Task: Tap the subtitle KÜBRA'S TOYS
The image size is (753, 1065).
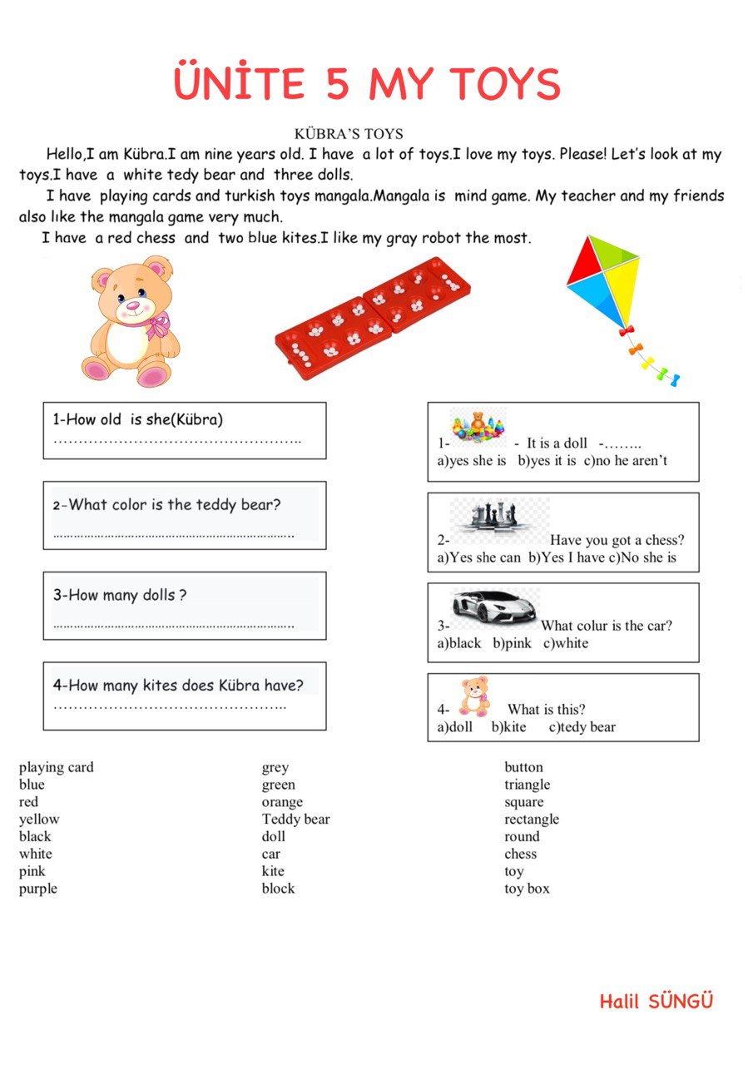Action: click(x=349, y=133)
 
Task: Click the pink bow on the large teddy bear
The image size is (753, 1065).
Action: click(x=156, y=324)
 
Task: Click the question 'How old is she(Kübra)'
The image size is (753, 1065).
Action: click(x=138, y=419)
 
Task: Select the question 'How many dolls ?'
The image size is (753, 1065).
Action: click(x=119, y=595)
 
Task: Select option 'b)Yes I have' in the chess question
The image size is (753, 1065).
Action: click(x=567, y=557)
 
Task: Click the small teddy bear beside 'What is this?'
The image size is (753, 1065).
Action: click(x=475, y=696)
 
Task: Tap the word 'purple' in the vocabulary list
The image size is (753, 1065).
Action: click(x=38, y=889)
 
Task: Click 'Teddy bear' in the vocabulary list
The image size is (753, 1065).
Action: click(x=295, y=820)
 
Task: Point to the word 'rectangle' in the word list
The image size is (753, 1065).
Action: click(x=532, y=820)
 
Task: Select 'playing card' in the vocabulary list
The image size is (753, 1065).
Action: click(x=57, y=767)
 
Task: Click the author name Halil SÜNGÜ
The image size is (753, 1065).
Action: click(x=656, y=1001)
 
